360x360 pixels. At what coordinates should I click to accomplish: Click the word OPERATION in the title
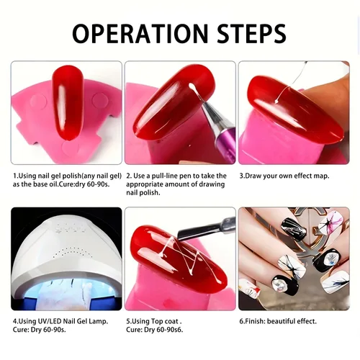click(140, 33)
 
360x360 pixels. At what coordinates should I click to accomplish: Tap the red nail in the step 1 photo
click(68, 103)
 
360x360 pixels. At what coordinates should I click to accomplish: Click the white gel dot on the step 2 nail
click(191, 86)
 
